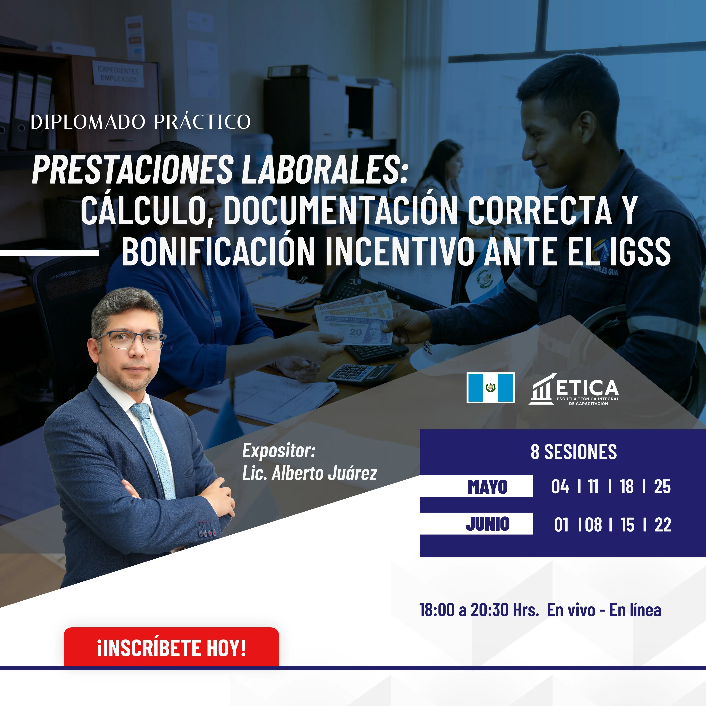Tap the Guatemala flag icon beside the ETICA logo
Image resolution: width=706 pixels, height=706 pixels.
(490, 388)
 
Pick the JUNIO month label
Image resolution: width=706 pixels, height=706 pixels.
(487, 524)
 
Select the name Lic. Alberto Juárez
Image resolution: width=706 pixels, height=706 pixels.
(310, 473)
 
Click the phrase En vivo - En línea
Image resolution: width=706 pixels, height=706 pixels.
(604, 610)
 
